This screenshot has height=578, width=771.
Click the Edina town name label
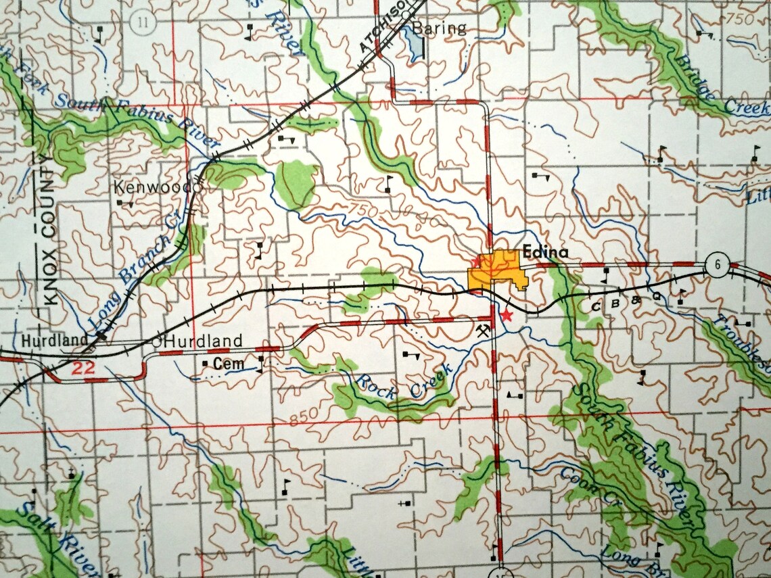click(545, 253)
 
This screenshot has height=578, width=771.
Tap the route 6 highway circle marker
click(715, 264)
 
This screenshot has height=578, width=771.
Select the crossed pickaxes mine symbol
click(482, 331)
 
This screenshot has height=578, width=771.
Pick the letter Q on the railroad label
click(655, 295)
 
